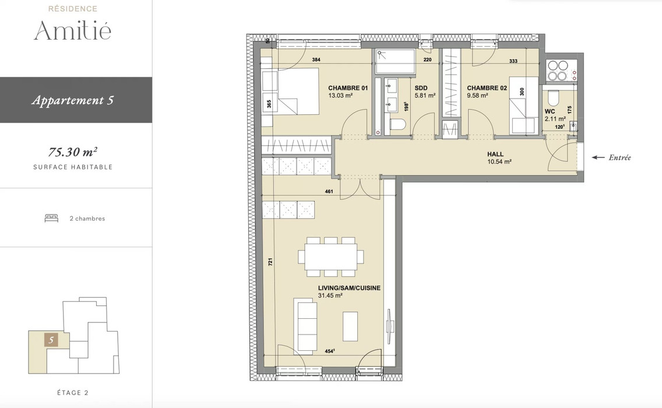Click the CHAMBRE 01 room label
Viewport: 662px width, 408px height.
click(x=348, y=88)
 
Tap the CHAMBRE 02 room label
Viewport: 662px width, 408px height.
click(x=487, y=88)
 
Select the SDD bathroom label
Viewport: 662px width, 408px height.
click(x=421, y=88)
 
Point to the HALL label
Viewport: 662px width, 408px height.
click(x=495, y=154)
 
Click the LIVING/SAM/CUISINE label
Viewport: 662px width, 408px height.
click(x=349, y=288)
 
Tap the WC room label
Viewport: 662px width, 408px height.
click(x=550, y=111)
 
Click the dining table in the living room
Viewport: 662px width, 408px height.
click(x=330, y=256)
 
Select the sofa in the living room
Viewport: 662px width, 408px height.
click(x=305, y=326)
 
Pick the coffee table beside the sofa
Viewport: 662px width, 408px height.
click(x=350, y=326)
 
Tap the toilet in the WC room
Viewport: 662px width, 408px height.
click(x=552, y=99)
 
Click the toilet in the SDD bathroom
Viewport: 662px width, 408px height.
click(x=397, y=125)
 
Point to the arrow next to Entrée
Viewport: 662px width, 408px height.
click(x=598, y=157)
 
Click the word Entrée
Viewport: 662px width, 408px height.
click(x=620, y=157)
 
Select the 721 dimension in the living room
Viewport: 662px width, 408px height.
click(x=270, y=262)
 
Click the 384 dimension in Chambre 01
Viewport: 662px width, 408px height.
click(x=316, y=59)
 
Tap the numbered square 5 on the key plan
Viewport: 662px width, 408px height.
click(x=51, y=340)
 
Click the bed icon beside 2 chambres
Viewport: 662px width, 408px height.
click(x=51, y=218)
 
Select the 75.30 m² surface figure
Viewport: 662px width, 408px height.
click(x=73, y=152)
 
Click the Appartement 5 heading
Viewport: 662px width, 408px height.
click(x=73, y=100)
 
